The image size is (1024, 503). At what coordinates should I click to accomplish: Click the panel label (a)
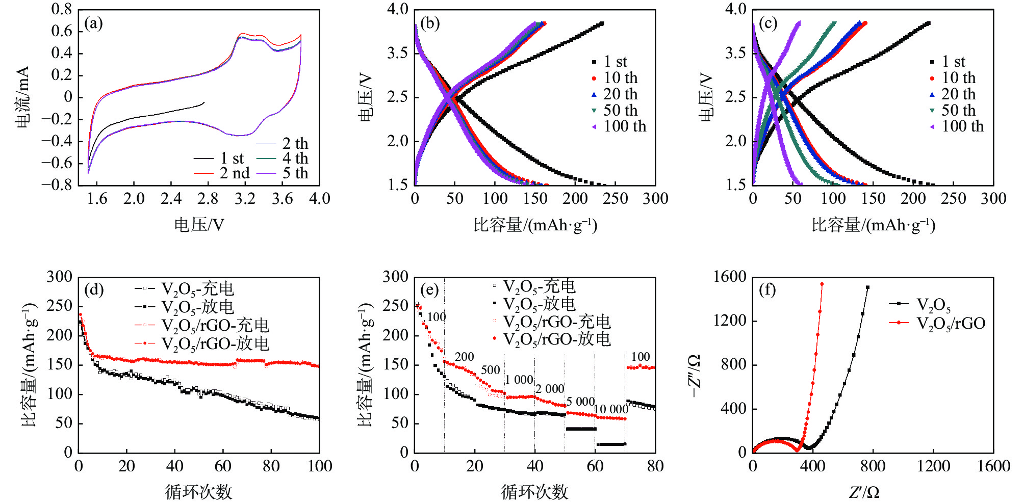[x=94, y=23]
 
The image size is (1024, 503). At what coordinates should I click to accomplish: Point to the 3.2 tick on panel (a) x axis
[x=245, y=199]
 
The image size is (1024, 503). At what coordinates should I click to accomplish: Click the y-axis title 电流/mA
[x=23, y=97]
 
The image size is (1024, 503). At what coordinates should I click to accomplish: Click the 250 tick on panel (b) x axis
[x=615, y=199]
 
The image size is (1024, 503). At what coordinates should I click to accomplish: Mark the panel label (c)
[x=768, y=23]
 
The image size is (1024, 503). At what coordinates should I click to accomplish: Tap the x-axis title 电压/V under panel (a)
[x=199, y=225]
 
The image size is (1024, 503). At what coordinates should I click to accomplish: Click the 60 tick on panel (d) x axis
[x=223, y=466]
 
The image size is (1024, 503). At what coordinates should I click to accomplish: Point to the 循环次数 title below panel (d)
[x=199, y=492]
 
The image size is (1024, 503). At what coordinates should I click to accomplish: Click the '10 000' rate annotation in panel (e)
[x=611, y=409]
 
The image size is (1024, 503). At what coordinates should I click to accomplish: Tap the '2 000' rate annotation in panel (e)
[x=550, y=389]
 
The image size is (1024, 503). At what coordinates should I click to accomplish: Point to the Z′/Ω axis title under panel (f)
[x=864, y=492]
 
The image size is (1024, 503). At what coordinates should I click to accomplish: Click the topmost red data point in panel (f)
[x=822, y=284]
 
